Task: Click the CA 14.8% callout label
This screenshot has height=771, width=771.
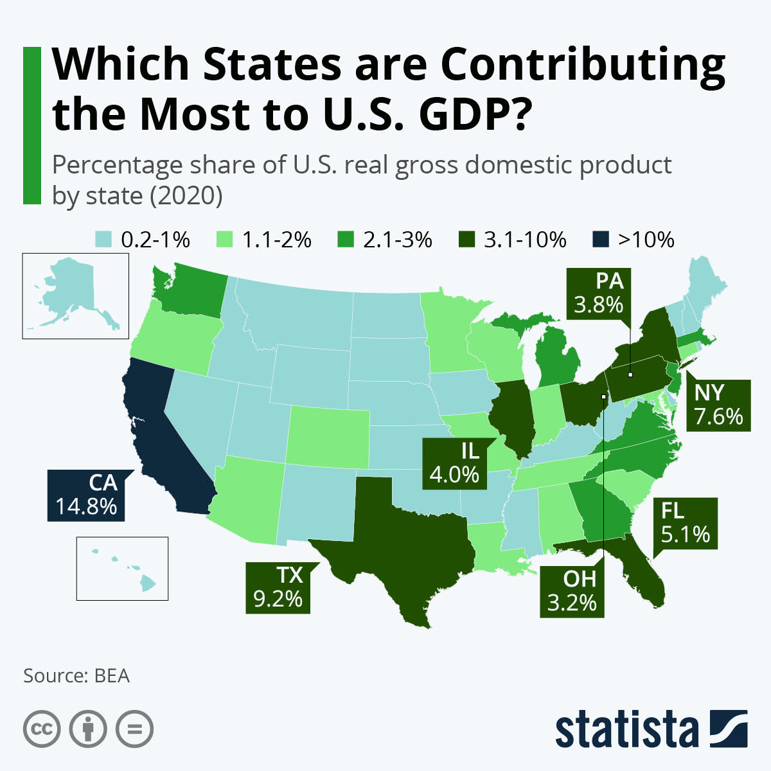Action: click(85, 495)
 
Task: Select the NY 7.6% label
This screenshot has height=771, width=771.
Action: click(718, 405)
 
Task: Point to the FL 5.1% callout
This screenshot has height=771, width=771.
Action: click(685, 523)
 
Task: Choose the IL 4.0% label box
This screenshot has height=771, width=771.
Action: click(454, 463)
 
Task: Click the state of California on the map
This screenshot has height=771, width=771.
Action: click(161, 437)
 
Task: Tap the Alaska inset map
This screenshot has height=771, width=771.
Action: click(75, 296)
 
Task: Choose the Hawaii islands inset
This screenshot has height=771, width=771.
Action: click(122, 569)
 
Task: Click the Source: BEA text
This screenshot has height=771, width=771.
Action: click(76, 676)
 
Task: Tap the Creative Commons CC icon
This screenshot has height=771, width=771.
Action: click(42, 729)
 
